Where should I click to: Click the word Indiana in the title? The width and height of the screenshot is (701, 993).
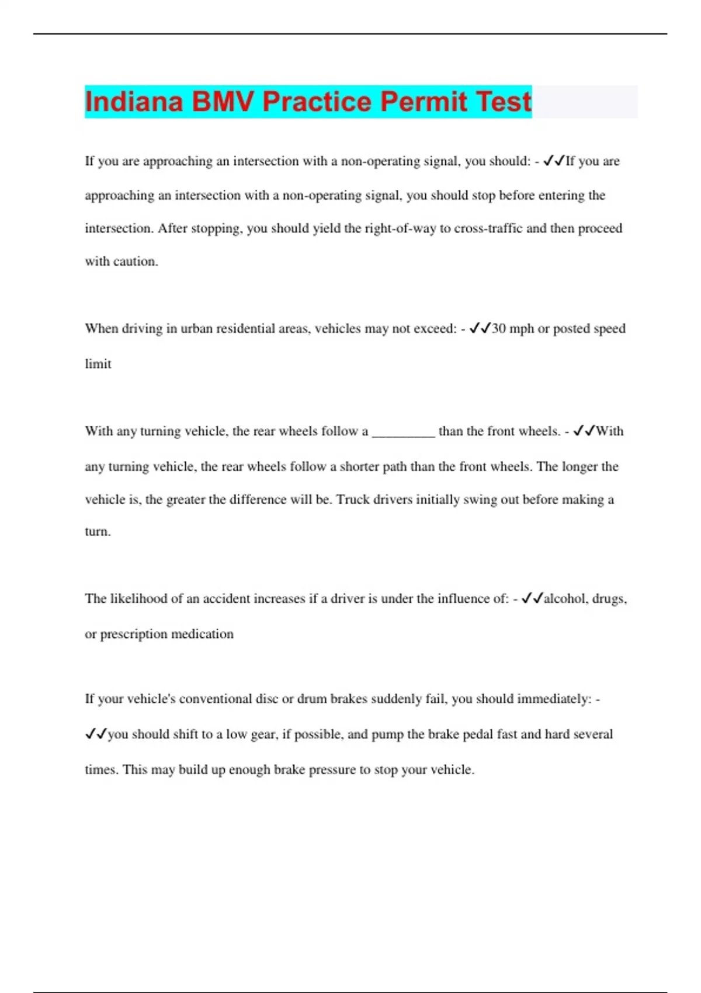134,102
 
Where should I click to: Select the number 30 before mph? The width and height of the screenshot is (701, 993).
498,329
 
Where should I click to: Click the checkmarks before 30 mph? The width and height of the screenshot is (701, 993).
480,328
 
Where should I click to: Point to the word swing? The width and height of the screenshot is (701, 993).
476,500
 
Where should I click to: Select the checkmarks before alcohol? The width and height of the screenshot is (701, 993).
532,598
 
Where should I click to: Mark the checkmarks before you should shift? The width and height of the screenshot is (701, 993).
96,734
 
